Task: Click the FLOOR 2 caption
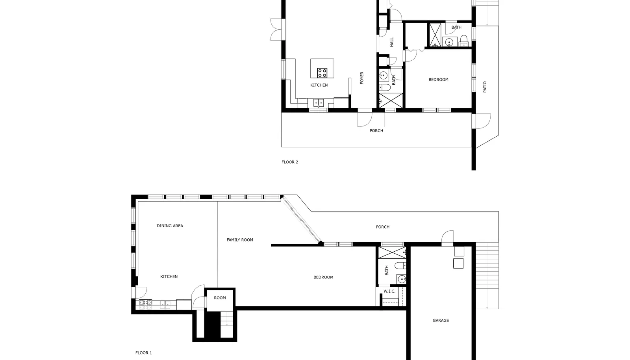290,162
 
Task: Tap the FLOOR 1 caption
143,353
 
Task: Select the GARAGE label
441,320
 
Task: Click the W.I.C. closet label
389,291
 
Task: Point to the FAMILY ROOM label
240,240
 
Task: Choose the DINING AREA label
170,226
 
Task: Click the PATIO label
485,87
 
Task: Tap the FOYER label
362,78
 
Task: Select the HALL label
392,42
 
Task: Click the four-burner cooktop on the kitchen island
322,73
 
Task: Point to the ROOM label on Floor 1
220,298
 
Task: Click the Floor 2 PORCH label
376,131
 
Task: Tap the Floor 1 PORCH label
383,227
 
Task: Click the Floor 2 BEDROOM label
439,80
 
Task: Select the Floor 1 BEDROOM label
323,277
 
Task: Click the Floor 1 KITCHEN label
169,277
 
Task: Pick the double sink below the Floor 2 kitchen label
319,103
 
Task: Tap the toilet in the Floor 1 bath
400,265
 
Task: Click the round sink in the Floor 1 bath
402,280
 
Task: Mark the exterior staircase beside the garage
487,276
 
